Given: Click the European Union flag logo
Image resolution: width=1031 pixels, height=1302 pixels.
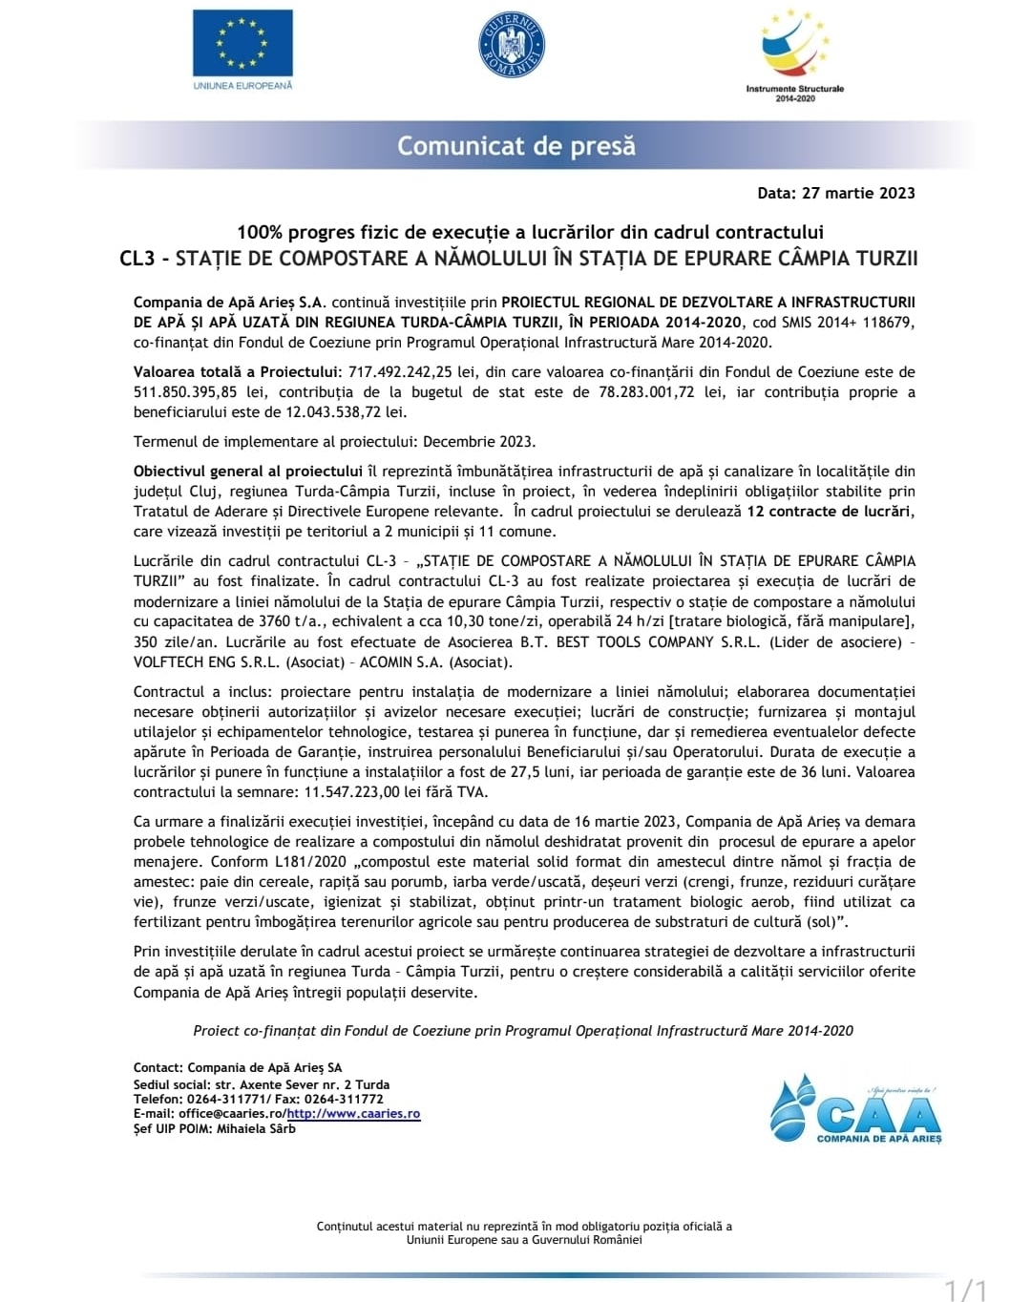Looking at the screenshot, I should pos(242,44).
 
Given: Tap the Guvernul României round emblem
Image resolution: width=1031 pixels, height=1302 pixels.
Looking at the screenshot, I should pos(512,46).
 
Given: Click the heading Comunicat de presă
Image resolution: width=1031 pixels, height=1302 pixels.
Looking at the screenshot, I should pos(515,146).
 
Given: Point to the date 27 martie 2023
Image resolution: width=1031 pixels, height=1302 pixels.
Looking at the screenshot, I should pos(858,193).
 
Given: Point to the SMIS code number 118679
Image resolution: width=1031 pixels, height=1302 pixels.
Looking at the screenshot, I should pos(887,323).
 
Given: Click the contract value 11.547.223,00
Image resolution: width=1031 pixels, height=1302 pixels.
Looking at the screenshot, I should pos(351,792).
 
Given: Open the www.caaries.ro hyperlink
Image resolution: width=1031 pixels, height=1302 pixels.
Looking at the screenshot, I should pos(353,1114).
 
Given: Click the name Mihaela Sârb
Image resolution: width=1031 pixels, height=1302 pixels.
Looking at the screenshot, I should pos(256,1129).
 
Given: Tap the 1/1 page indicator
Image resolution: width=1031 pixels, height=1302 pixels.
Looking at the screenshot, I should pos(966,1291).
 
